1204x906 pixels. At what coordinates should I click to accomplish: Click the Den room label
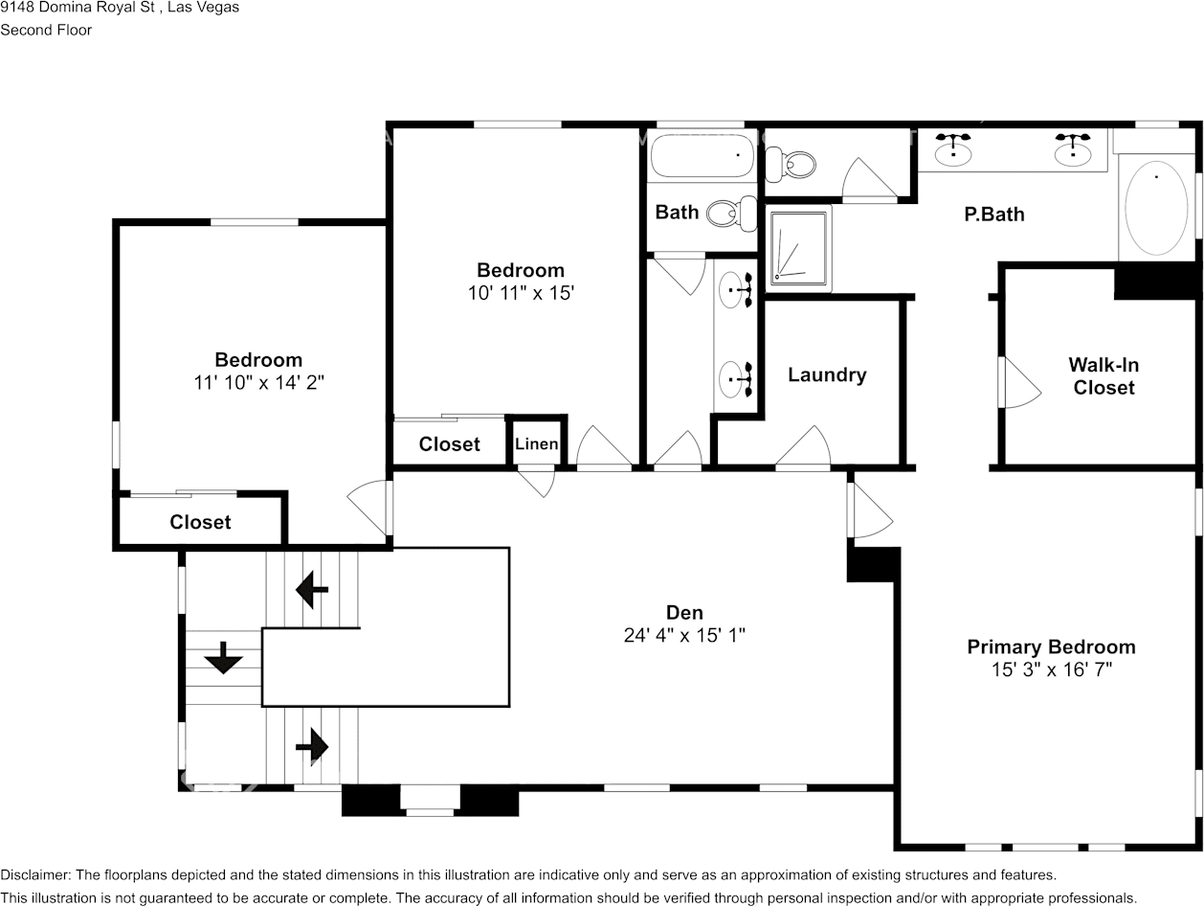(684, 612)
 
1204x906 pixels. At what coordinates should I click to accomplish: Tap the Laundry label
(827, 374)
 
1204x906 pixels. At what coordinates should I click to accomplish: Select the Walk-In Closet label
(1104, 375)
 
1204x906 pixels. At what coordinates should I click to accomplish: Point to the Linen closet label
(537, 443)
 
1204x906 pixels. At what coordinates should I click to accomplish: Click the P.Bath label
(993, 214)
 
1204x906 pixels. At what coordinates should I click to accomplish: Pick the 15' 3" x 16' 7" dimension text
(1052, 669)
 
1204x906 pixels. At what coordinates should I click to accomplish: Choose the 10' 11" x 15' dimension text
(521, 293)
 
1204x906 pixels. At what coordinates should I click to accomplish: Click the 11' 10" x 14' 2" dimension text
(259, 382)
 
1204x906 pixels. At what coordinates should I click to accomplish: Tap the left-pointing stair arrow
(312, 590)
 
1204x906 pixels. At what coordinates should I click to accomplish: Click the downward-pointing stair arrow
(223, 657)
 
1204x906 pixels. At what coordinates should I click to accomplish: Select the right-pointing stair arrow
(312, 746)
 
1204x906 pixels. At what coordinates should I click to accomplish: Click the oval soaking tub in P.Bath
(1156, 208)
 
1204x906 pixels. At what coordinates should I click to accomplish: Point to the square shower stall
(798, 249)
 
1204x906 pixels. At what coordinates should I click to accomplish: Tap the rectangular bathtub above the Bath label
(702, 155)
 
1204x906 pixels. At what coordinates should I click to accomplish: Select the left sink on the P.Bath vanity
(953, 149)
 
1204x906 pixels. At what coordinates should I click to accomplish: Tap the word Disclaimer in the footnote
(35, 874)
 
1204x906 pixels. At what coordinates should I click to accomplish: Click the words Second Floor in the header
(46, 30)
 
